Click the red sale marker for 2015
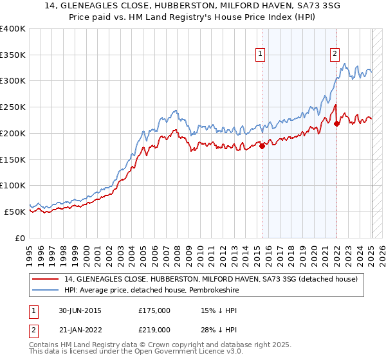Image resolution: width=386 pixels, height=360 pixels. tap(262, 146)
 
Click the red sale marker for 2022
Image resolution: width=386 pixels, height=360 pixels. tap(336, 124)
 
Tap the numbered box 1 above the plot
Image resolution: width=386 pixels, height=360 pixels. tap(261, 54)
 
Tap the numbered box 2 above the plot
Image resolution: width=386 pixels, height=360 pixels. tap(335, 54)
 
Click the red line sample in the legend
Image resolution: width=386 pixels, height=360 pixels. tap(45, 278)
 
